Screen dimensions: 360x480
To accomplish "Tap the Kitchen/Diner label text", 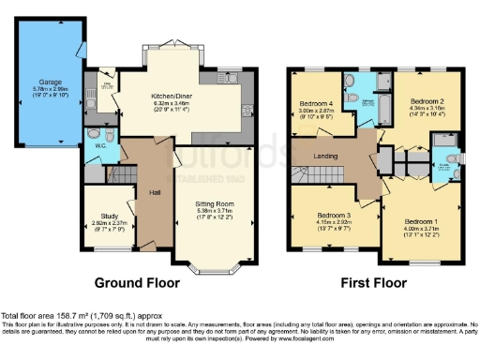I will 170,96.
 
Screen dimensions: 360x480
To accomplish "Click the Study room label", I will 109,210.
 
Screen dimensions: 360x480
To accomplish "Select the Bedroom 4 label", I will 316,103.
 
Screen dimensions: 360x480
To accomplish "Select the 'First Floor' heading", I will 373,281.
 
